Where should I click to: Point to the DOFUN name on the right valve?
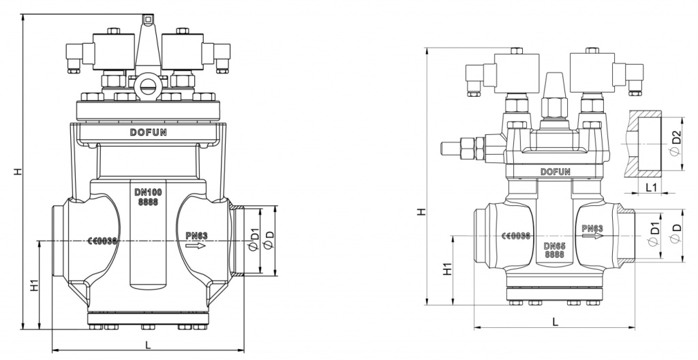click(x=555, y=172)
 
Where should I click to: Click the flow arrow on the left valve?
click(x=196, y=245)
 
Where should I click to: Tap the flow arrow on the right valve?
click(x=592, y=237)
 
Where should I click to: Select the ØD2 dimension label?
click(x=675, y=142)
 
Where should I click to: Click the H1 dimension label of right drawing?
click(x=448, y=269)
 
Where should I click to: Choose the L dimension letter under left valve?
click(x=148, y=346)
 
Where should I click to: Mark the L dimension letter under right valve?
click(x=556, y=321)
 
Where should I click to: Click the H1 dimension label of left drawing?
click(x=34, y=286)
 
